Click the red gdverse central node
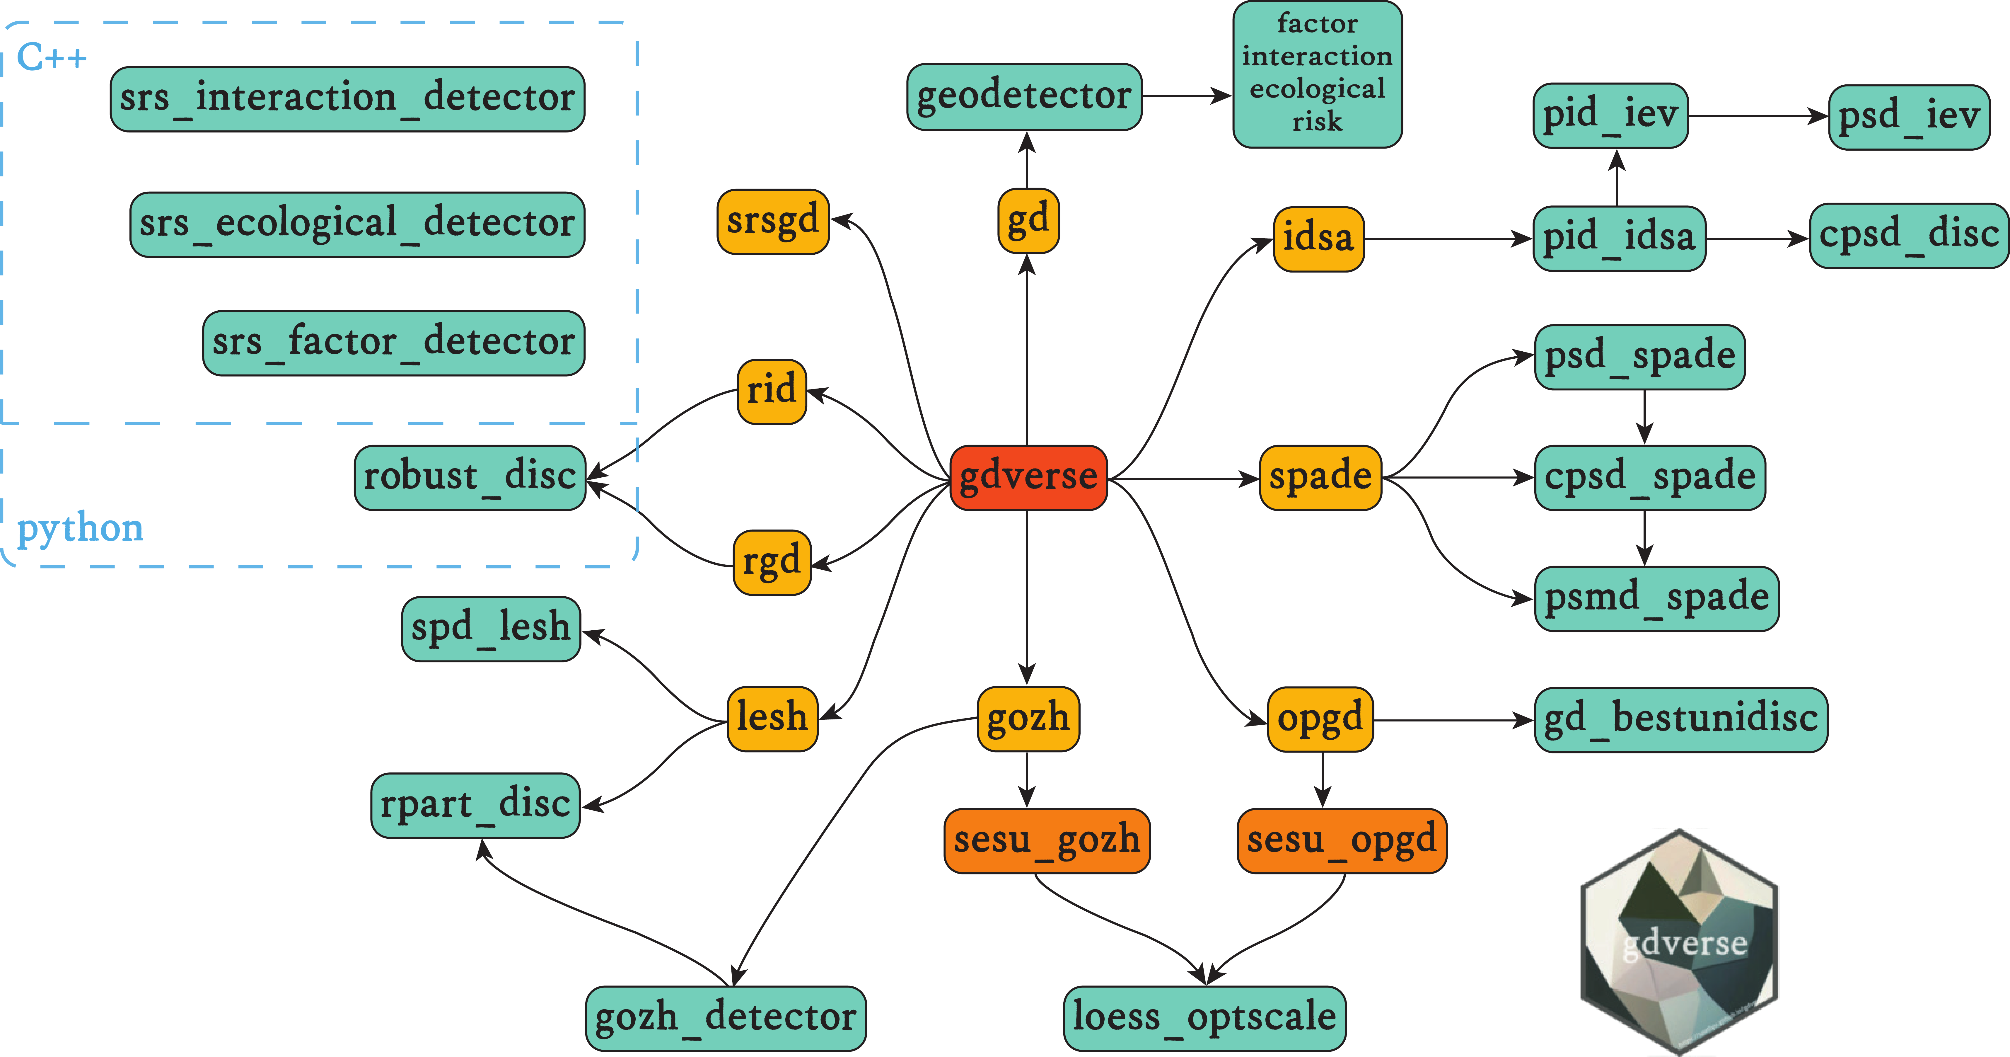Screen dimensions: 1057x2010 click(1028, 477)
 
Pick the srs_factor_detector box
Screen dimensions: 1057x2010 click(393, 343)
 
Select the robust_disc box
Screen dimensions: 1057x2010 click(470, 477)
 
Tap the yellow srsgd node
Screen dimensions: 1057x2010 click(772, 221)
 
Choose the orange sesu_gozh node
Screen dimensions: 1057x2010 click(1046, 840)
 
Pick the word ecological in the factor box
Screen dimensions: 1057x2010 click(1317, 89)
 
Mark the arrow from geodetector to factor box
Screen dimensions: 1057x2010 click(1186, 96)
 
